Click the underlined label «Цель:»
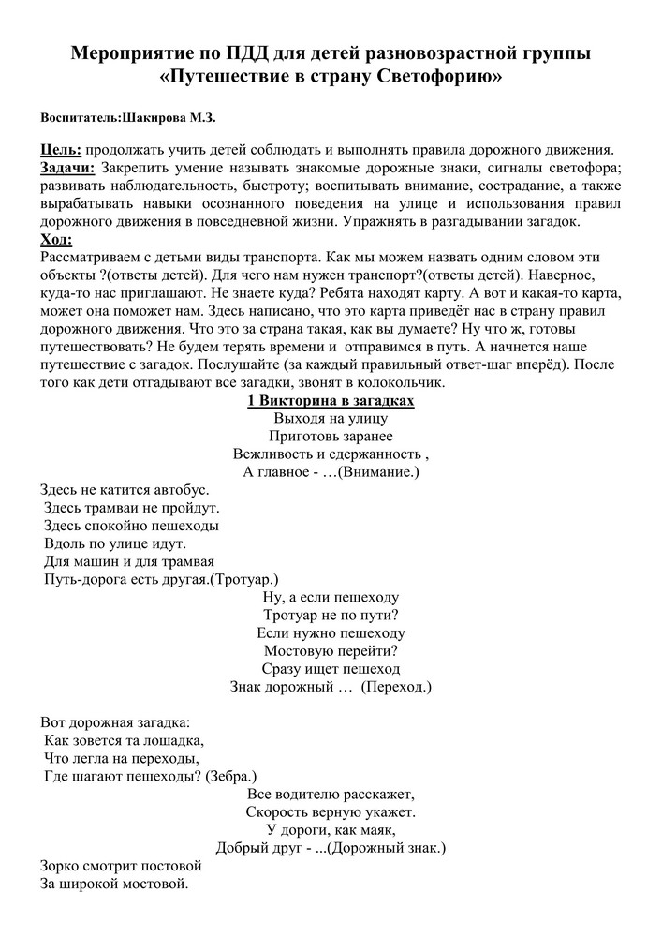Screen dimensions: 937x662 tap(61, 151)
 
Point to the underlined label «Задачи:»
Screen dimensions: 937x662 tap(67, 169)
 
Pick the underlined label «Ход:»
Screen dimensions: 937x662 tap(57, 240)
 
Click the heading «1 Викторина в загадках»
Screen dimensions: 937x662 tap(331, 400)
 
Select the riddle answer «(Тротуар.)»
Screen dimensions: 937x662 tap(243, 580)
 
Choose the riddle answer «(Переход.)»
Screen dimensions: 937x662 tap(397, 686)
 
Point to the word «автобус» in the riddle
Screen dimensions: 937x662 tap(176, 490)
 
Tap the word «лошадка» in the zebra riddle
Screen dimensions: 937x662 tap(173, 740)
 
